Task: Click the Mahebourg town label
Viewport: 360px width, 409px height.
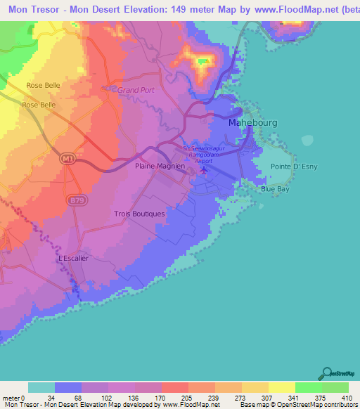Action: point(253,122)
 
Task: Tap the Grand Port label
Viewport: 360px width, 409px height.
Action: point(135,90)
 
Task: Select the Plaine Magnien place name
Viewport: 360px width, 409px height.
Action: point(160,166)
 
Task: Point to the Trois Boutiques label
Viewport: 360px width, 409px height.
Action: point(139,214)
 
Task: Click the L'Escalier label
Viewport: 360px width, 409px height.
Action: point(73,258)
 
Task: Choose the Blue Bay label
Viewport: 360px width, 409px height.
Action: point(275,190)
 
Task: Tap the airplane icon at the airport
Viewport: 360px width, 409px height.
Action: point(205,169)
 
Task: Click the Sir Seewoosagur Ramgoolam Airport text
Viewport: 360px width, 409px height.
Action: point(205,153)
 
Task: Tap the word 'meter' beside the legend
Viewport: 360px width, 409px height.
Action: point(11,397)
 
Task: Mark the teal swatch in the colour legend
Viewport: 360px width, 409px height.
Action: point(41,387)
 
